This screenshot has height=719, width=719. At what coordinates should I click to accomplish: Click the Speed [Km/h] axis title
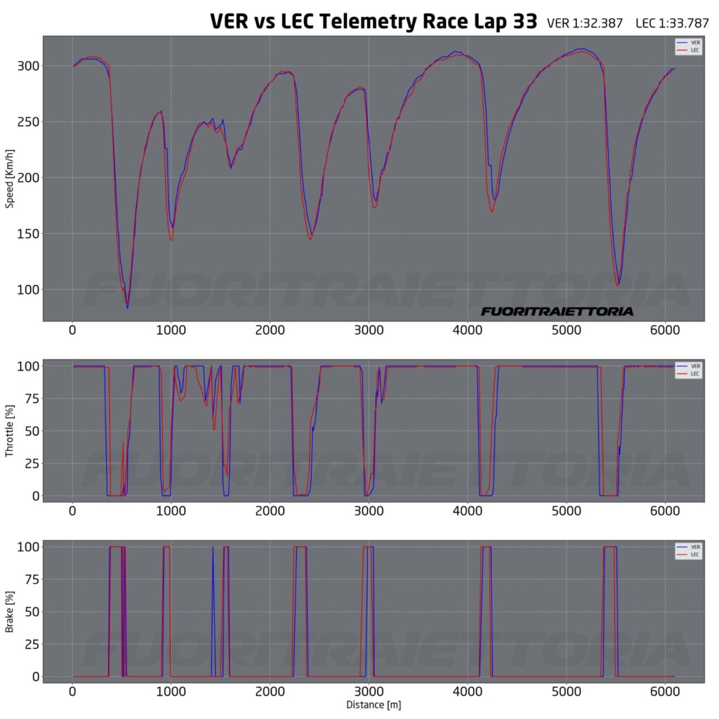coord(10,178)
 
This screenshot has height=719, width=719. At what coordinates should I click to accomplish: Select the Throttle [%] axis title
coord(10,430)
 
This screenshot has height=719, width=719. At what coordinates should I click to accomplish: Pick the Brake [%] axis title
coord(10,611)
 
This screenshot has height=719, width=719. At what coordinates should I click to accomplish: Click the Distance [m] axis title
coord(373,704)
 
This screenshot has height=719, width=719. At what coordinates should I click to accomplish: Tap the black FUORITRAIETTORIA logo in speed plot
coord(557,311)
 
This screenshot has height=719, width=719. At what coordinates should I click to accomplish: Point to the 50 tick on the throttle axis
coord(31,430)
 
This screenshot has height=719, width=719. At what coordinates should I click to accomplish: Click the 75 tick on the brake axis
coord(31,579)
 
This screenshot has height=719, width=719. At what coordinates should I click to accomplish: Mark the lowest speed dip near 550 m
coord(127,308)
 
